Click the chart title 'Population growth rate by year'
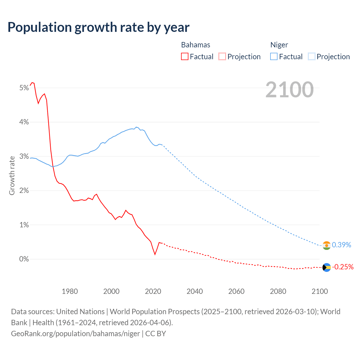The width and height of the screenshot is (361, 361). [x=98, y=27]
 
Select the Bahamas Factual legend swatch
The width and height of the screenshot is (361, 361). [x=185, y=56]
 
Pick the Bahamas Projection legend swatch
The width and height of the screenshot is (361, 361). [x=222, y=56]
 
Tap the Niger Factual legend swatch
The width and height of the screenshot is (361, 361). [x=274, y=56]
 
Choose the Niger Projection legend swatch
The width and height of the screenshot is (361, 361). [x=311, y=56]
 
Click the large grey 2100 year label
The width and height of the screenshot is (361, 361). [x=289, y=90]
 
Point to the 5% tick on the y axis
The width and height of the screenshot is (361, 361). [x=24, y=88]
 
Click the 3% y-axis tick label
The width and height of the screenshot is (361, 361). [x=24, y=157]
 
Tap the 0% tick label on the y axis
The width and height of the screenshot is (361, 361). [x=24, y=259]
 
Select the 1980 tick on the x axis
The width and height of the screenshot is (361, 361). [x=70, y=291]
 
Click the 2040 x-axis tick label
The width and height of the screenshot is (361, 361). [x=195, y=291]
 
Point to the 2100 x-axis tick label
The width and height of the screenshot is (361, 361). [x=320, y=291]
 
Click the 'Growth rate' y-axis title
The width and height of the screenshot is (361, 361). [x=12, y=175]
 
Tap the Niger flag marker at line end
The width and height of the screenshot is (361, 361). [x=327, y=245]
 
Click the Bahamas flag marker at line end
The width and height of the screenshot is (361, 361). [x=327, y=267]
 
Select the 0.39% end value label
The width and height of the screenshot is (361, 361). [x=341, y=245]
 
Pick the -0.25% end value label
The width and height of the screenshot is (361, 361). [x=342, y=267]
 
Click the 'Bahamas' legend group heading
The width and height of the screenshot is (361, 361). [x=195, y=45]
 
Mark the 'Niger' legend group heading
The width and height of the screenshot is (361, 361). [x=279, y=45]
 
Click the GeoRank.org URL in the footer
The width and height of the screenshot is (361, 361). [x=75, y=334]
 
